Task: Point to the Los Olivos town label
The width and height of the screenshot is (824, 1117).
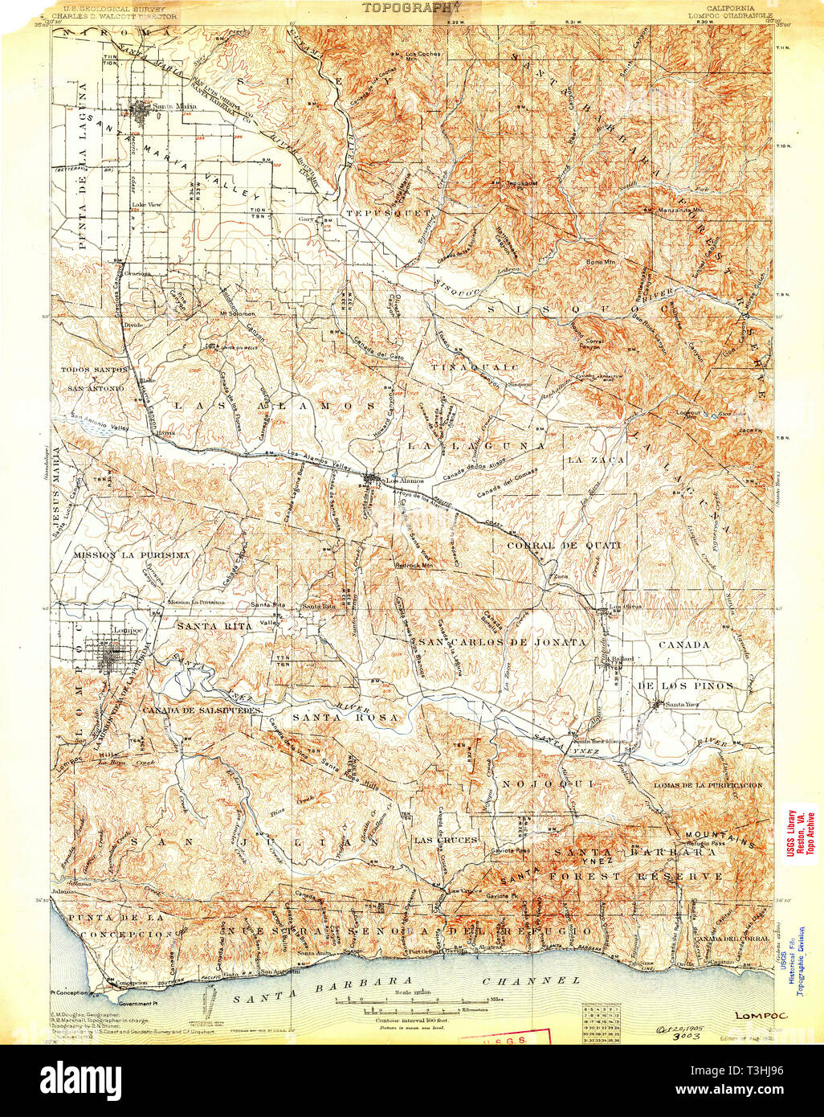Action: coord(625,607)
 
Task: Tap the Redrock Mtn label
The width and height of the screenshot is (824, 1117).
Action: coord(414,565)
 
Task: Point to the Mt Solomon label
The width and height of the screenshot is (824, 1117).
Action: coord(236,313)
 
